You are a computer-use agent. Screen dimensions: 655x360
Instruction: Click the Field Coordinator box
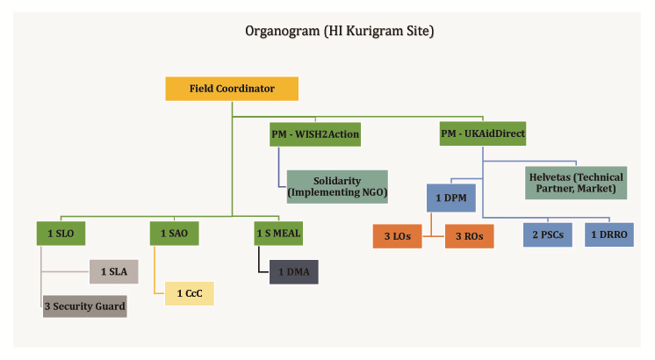[232, 89]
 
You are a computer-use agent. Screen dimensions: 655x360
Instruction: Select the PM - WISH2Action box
[315, 134]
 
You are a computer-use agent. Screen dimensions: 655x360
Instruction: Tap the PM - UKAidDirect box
[483, 133]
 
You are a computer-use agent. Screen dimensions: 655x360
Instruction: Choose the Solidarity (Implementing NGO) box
[337, 187]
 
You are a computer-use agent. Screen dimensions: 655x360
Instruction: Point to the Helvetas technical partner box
[576, 183]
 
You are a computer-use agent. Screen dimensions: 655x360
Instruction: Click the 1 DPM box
[451, 198]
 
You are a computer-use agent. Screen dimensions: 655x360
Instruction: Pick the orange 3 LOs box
[397, 236]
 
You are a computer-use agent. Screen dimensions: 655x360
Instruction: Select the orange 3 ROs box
[469, 236]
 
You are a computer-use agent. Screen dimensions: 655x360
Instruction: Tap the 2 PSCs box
[548, 234]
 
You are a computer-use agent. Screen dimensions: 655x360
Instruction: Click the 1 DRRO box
[609, 234]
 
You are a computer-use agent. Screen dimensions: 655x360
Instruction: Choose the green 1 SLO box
[61, 234]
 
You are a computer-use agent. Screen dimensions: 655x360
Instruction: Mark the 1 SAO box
[174, 234]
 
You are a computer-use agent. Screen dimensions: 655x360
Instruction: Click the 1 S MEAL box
[278, 234]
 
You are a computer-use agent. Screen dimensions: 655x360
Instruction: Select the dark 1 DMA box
[293, 272]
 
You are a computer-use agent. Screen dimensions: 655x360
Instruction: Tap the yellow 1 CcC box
[190, 293]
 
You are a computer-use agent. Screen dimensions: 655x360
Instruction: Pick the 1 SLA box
[114, 272]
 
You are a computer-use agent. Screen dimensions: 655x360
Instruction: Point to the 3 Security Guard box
[85, 306]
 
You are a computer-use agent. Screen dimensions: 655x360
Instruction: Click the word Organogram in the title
[283, 32]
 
